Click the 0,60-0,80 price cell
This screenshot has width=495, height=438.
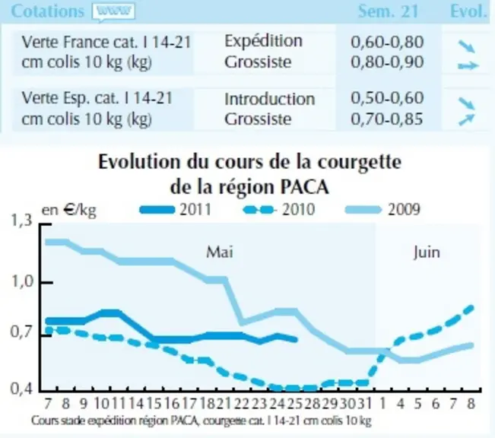tap(387, 42)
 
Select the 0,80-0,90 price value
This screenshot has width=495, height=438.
tap(387, 62)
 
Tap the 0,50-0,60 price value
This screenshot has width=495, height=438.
tap(387, 98)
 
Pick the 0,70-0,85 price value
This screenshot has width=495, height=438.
tap(387, 119)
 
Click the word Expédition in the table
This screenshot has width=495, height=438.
tap(263, 42)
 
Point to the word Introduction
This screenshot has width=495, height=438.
tap(270, 99)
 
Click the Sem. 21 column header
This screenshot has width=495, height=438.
tap(388, 11)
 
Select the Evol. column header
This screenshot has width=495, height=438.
tap(468, 11)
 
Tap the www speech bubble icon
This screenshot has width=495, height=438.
tap(113, 12)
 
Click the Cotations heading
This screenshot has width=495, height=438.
tap(48, 11)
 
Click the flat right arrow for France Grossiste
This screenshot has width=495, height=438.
tap(468, 65)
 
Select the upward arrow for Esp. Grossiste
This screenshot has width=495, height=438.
tap(467, 119)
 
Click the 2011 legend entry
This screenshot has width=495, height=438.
tap(176, 209)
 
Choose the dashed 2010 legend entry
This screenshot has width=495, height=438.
tap(279, 209)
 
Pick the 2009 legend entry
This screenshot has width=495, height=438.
tap(383, 209)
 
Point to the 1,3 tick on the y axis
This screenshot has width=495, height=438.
tap(22, 220)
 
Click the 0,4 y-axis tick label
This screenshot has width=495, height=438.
tap(22, 389)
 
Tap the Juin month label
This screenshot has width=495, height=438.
tap(427, 252)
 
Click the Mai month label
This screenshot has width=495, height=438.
tap(220, 252)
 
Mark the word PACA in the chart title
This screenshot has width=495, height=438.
tap(305, 187)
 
